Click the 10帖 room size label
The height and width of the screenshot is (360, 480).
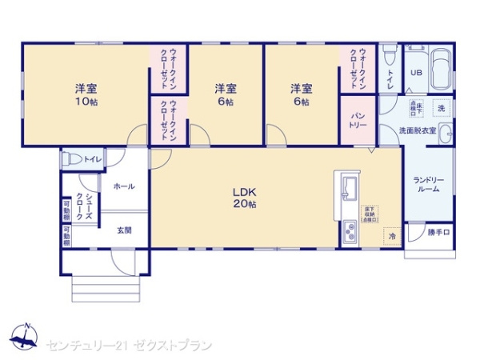(86, 102)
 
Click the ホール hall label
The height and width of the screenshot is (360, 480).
(123, 186)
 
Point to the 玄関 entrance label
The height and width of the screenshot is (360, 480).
(125, 230)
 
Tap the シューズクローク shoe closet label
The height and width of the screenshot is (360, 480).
(84, 206)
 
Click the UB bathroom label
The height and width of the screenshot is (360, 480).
(415, 72)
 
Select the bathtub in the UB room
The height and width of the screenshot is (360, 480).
(440, 71)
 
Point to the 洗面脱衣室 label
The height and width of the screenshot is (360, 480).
(418, 130)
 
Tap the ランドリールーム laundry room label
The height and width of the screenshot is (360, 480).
(428, 185)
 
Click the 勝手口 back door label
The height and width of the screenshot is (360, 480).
(438, 233)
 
